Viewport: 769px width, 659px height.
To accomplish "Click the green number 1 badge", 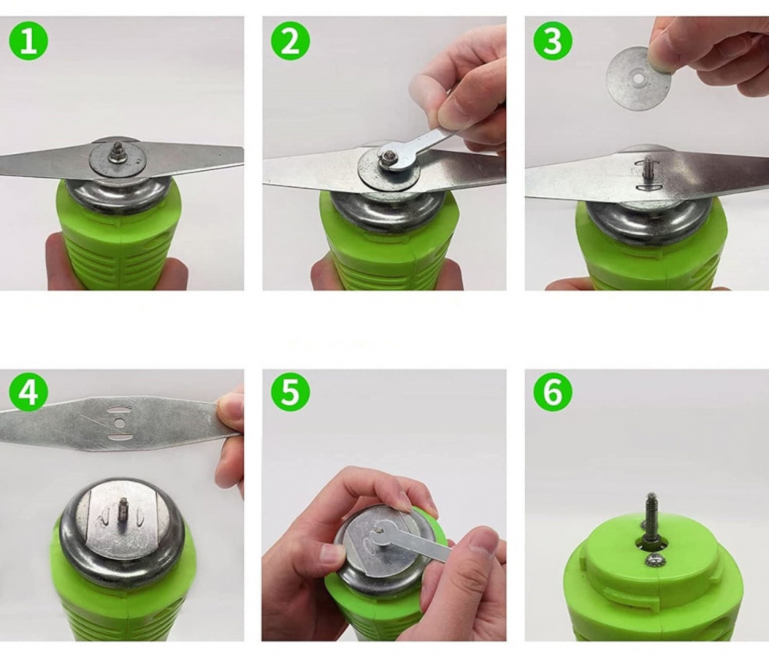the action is click(28, 40).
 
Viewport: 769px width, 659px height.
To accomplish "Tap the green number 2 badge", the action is click(291, 40).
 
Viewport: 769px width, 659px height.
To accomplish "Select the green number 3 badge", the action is click(553, 40).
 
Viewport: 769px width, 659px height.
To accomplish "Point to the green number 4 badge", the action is click(28, 391).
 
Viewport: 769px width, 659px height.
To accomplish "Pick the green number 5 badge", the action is click(291, 391).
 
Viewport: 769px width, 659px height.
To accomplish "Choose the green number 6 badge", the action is click(553, 391).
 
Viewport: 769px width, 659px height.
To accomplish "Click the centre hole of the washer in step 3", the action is click(638, 78).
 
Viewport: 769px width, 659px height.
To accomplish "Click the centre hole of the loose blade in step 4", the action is click(119, 422).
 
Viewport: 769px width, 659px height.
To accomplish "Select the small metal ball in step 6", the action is click(655, 560).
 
